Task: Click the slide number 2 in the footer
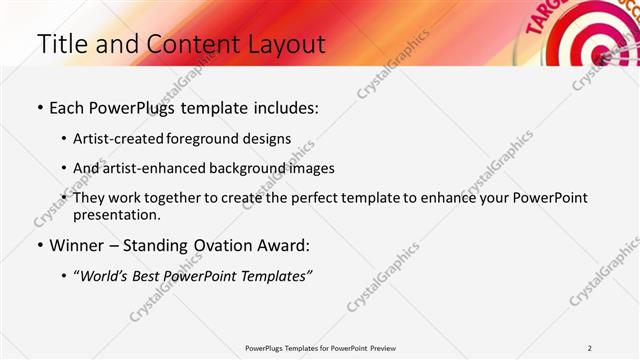pos(590,348)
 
